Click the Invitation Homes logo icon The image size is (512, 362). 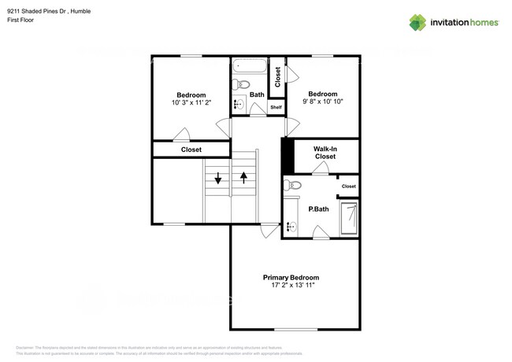[417, 23]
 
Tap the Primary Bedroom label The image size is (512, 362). [291, 278]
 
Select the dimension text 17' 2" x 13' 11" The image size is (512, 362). [291, 286]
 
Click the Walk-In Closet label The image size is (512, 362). [325, 153]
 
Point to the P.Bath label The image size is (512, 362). [318, 209]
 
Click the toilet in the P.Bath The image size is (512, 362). [293, 186]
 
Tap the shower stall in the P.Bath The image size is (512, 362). [348, 216]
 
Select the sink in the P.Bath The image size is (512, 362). [290, 226]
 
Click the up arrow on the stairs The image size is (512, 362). [244, 176]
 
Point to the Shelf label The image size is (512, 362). [276, 108]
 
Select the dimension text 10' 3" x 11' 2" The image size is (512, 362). [191, 103]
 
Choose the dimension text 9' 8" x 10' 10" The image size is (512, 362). [322, 102]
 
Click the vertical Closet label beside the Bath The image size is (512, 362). [277, 76]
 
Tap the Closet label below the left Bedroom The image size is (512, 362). [191, 150]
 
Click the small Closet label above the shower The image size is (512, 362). [348, 187]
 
